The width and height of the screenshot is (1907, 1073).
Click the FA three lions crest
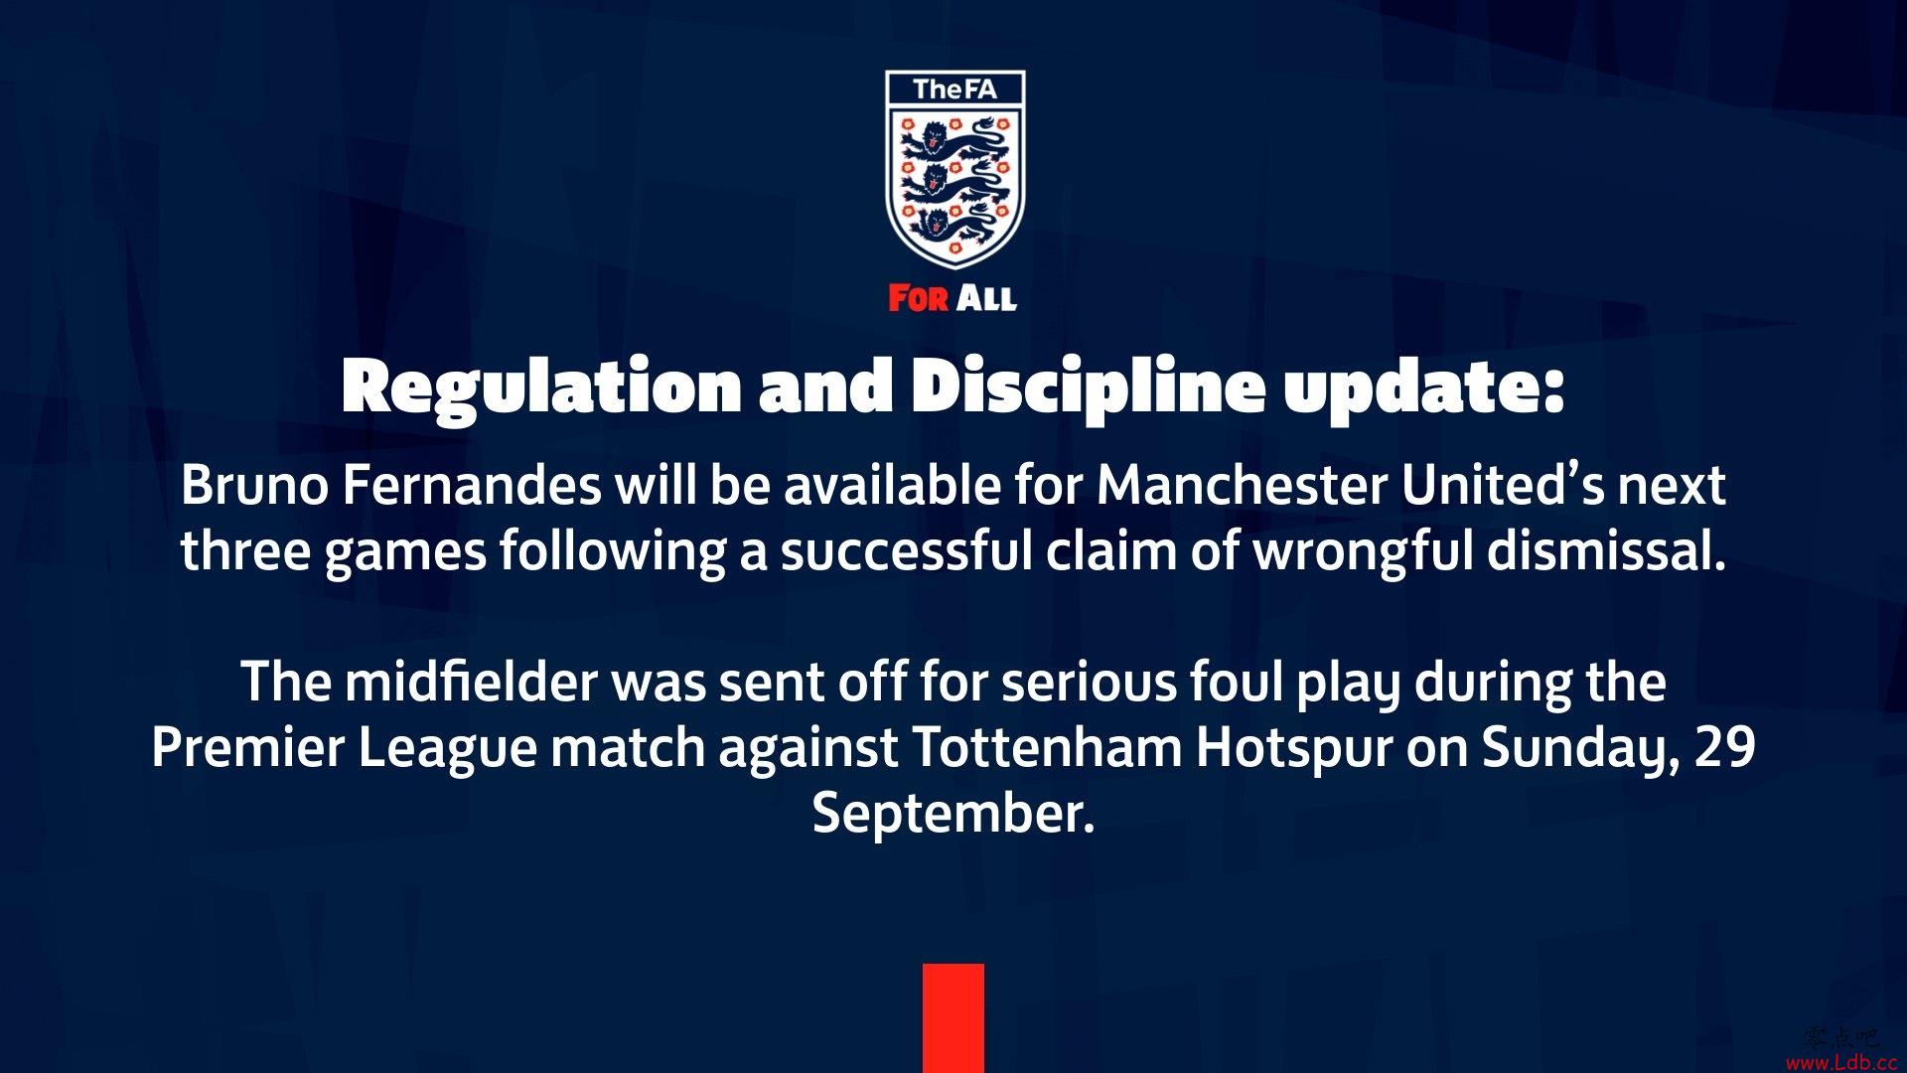click(x=954, y=170)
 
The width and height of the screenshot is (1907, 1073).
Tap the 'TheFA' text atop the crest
click(x=954, y=89)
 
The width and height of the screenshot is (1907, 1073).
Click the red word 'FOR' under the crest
click(x=919, y=298)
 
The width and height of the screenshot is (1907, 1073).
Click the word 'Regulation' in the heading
click(x=541, y=388)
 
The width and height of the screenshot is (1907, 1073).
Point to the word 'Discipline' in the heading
click(x=1088, y=388)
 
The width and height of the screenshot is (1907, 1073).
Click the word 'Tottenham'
click(x=1047, y=748)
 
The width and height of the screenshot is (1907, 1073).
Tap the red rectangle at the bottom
click(x=953, y=1018)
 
